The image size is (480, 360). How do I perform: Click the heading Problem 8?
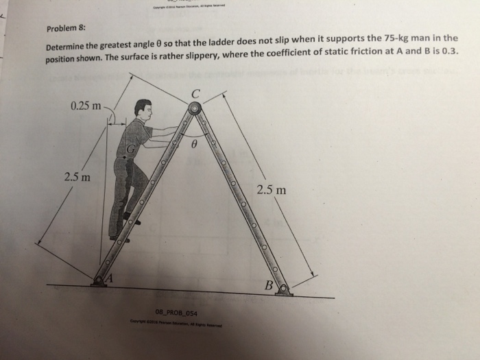coord(67,28)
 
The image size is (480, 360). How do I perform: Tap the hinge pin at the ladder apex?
coord(195,108)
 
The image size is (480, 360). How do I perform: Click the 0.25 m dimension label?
coord(85,106)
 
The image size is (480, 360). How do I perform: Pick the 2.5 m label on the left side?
coord(77,176)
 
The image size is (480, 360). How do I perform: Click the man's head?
coord(143,109)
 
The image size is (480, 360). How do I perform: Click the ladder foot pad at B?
coord(283,291)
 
